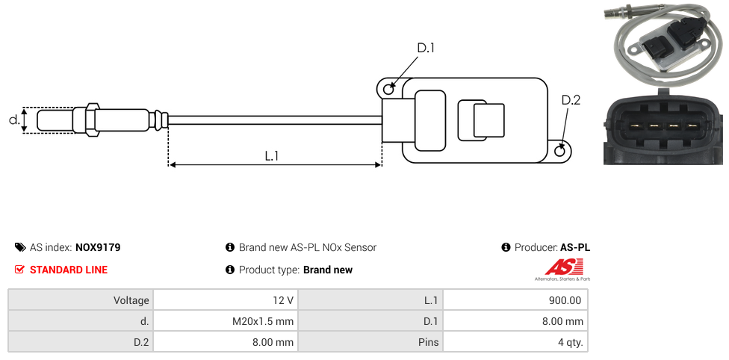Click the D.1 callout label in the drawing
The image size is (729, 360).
coord(425,48)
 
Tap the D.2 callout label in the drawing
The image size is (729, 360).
coord(570,101)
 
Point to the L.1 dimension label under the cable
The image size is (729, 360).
coord(272,155)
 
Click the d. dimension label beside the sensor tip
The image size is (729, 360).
coord(13,120)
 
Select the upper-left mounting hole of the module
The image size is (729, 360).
coord(388,90)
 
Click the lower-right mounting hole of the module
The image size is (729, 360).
coord(561,152)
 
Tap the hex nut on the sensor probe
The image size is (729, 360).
coord(92,120)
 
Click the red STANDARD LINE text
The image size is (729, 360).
coord(69,270)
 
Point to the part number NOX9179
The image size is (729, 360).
coord(98,247)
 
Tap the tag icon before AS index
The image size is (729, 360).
coord(20,247)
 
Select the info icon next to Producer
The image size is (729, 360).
coord(506,247)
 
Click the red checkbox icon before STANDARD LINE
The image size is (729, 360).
coord(20,270)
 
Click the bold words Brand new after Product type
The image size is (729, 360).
coord(328,270)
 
